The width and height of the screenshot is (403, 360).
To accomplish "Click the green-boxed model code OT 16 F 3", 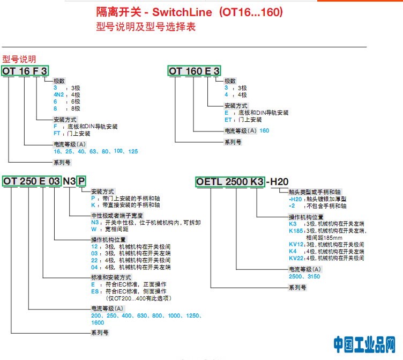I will tap(25, 71).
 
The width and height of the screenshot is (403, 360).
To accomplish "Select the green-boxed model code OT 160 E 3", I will tap(194, 71).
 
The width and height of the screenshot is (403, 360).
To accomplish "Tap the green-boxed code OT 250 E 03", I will tap(32, 181).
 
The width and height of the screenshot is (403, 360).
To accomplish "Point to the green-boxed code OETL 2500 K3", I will tap(230, 181).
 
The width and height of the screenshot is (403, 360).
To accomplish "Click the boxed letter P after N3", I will tap(81, 181).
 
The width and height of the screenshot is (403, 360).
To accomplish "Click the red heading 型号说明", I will tap(19, 59).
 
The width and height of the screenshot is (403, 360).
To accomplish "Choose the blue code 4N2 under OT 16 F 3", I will tap(58, 94).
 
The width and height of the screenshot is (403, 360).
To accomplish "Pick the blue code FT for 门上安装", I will tap(57, 133).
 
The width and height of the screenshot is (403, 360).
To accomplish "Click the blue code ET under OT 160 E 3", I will tap(228, 120).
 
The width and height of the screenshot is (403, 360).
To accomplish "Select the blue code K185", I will tap(296, 231).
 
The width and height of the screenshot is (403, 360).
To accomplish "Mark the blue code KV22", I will tap(296, 258).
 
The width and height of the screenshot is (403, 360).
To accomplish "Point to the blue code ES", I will tap(95, 291).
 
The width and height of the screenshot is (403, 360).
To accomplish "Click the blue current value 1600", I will tap(98, 322).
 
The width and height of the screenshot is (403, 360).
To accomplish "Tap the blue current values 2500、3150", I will tap(304, 276).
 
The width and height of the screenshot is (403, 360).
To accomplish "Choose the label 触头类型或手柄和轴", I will tap(314, 192).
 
